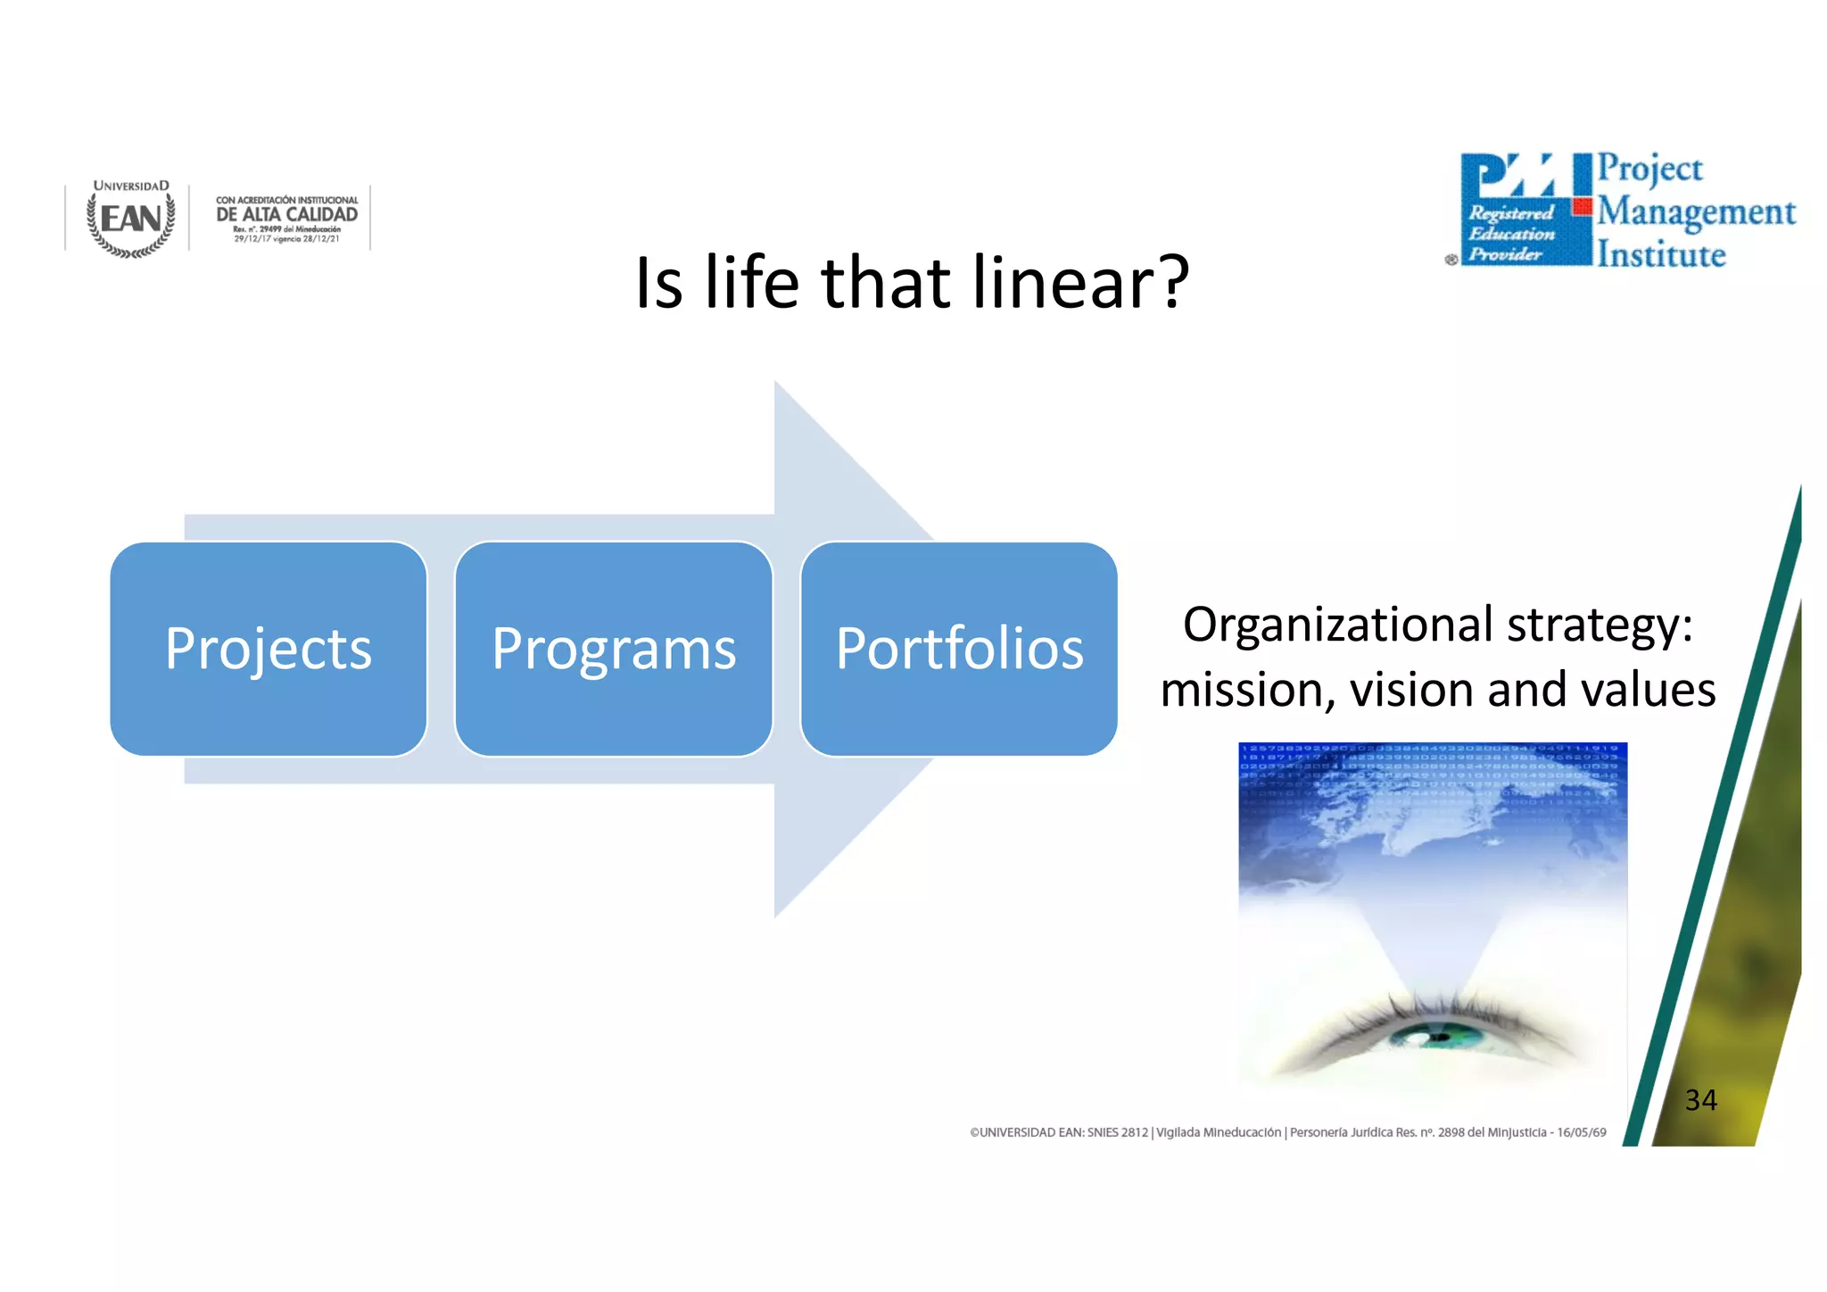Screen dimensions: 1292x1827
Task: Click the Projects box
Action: coord(268,649)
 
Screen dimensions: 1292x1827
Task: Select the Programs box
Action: coord(614,649)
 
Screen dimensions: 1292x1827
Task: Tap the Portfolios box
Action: coord(959,649)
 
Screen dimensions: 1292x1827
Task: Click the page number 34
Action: coord(1700,1100)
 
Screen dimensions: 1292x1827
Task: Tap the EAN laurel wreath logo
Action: coord(131,219)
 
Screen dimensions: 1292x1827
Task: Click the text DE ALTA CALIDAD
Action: coord(286,214)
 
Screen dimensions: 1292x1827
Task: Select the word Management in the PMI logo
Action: coord(1696,212)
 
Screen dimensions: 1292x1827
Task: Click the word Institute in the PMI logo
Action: coord(1661,255)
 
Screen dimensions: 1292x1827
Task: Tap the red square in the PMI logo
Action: coord(1583,207)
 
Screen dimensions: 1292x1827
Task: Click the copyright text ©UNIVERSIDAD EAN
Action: coord(1058,1132)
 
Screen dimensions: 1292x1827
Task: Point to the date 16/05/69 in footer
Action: coord(1582,1132)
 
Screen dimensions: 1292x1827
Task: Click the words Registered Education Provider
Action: coord(1511,234)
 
